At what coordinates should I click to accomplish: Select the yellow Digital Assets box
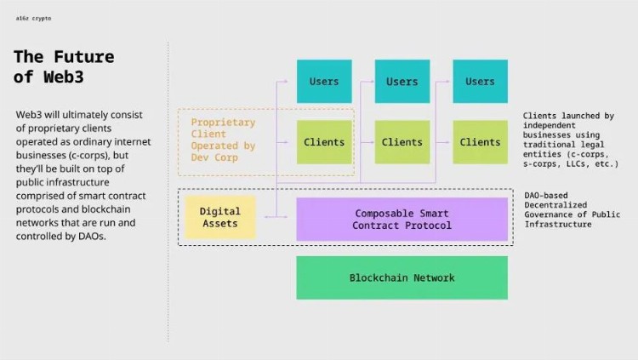(219, 217)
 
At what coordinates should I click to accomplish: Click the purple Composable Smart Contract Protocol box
(402, 219)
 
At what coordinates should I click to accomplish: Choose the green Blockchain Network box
(402, 277)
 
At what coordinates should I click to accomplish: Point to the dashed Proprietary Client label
(223, 140)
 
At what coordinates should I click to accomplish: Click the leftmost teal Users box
(323, 82)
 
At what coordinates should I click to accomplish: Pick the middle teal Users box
(402, 82)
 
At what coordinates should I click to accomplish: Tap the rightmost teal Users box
(480, 82)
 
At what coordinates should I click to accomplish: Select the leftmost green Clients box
(323, 142)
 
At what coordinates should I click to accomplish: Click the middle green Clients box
(402, 142)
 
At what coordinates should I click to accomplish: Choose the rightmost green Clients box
(480, 142)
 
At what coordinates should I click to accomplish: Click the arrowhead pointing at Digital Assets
(267, 217)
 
